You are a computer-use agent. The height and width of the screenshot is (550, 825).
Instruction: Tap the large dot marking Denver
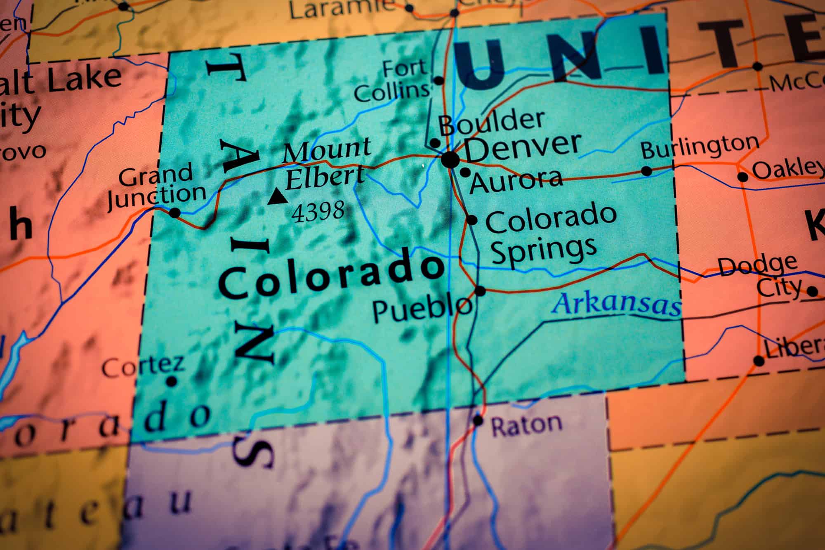(x=450, y=159)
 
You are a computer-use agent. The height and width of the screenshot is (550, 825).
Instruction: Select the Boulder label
(x=491, y=123)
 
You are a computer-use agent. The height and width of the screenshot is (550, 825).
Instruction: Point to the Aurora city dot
(x=465, y=172)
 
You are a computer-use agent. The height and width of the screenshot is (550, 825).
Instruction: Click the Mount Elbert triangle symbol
(x=278, y=197)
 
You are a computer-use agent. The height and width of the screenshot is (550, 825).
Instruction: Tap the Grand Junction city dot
(x=175, y=213)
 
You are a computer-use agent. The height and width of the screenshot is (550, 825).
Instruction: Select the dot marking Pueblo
(x=480, y=291)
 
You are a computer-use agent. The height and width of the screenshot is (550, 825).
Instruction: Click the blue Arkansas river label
(x=617, y=305)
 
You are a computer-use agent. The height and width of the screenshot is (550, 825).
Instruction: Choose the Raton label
(x=526, y=425)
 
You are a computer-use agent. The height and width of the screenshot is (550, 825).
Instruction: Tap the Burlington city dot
(x=647, y=171)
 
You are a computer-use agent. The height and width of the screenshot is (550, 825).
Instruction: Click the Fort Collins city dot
(x=438, y=80)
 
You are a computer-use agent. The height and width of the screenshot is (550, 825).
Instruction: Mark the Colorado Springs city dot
(x=472, y=220)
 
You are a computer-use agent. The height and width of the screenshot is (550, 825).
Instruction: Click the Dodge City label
(x=759, y=276)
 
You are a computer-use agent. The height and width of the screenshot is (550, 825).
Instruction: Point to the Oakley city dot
(x=742, y=177)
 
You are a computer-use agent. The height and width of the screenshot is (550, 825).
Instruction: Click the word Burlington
(x=700, y=147)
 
